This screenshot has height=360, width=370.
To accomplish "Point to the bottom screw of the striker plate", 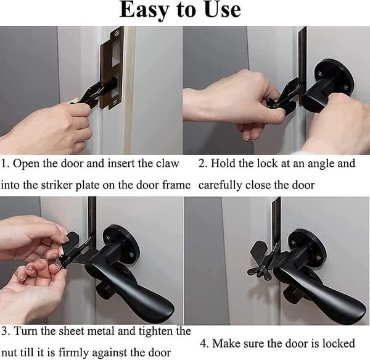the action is (x=115, y=103).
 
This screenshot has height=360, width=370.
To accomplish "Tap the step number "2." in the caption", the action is (x=203, y=164).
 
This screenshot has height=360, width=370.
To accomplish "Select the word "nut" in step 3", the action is (x=10, y=353).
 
